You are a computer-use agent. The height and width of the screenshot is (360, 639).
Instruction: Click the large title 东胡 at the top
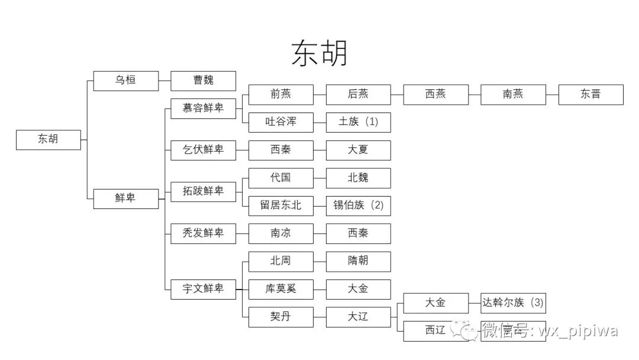(x=319, y=53)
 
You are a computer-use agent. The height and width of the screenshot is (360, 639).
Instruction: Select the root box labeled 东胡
(x=49, y=140)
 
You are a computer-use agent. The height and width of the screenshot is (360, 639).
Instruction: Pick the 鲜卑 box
(x=126, y=198)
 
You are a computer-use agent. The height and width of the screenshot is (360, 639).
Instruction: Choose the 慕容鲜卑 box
(x=203, y=108)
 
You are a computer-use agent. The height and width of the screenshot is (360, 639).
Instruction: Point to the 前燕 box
(x=281, y=94)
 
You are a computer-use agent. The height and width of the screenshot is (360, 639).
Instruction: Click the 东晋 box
(x=590, y=94)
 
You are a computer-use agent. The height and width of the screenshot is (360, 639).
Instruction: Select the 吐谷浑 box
(x=281, y=122)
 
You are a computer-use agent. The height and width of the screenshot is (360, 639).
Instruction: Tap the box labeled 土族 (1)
(x=358, y=122)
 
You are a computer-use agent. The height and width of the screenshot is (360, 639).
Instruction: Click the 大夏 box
(x=358, y=150)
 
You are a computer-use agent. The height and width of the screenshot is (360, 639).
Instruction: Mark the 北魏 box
(x=358, y=178)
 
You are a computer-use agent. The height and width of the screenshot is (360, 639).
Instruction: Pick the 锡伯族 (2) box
(x=358, y=205)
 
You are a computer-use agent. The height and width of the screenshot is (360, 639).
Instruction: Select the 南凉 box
(x=281, y=233)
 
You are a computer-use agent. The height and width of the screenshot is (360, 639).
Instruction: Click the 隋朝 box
(x=358, y=261)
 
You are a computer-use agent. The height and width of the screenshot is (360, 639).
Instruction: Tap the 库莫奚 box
(x=281, y=289)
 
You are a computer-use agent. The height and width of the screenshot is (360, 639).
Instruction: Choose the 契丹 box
(x=281, y=317)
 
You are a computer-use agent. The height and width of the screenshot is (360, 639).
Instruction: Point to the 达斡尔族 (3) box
(x=512, y=303)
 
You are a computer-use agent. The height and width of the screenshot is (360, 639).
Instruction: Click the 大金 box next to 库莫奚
(x=358, y=289)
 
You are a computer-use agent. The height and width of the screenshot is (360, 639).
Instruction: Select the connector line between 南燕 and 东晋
(x=551, y=94)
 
